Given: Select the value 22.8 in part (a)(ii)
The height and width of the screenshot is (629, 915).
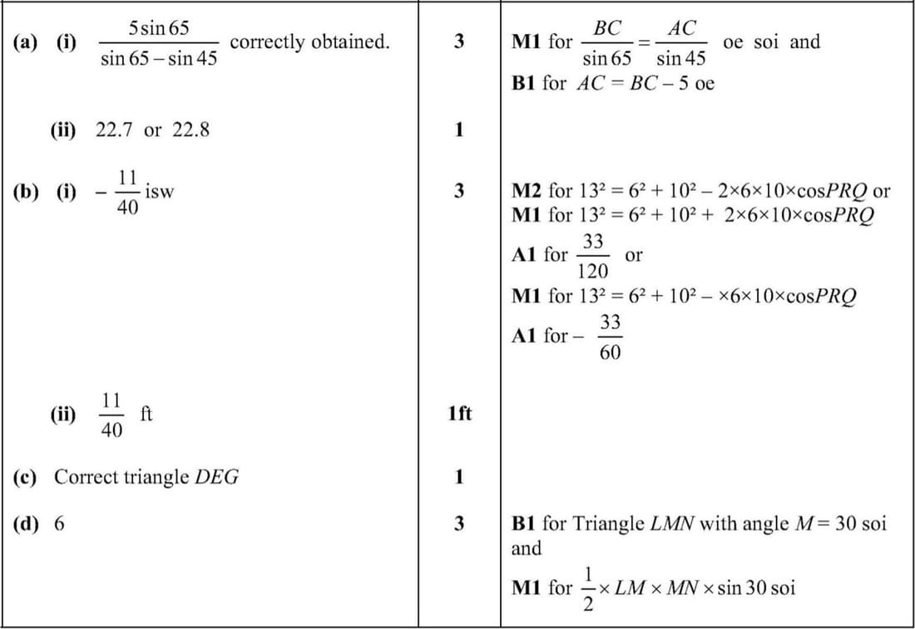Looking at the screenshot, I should (x=190, y=130).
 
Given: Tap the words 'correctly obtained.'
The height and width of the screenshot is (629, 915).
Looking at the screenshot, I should (x=309, y=42).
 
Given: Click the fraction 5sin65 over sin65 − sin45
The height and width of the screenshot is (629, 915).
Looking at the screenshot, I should (x=159, y=43).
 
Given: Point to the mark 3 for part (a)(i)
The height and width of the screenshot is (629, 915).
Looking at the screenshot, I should (x=459, y=42).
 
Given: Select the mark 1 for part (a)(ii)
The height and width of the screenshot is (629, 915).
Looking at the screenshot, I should (x=459, y=130).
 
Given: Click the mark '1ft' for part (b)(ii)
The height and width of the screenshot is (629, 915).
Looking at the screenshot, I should (x=459, y=413).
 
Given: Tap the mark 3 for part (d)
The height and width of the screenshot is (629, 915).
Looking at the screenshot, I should (x=459, y=524).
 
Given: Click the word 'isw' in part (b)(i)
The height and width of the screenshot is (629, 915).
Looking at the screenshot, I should (x=159, y=191).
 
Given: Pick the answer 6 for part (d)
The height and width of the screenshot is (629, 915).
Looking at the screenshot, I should (x=59, y=524).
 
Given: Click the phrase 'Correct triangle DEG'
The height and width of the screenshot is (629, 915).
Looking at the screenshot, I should (x=146, y=478).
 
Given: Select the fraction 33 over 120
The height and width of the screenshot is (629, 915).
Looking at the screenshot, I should (x=593, y=257).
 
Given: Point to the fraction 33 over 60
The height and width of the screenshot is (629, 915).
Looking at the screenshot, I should (x=610, y=337).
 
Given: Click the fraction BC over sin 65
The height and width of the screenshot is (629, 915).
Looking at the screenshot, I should (x=607, y=43).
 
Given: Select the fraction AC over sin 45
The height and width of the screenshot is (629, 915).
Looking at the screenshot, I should (x=681, y=43).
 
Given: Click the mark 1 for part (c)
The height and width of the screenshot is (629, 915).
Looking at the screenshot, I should (x=459, y=478).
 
